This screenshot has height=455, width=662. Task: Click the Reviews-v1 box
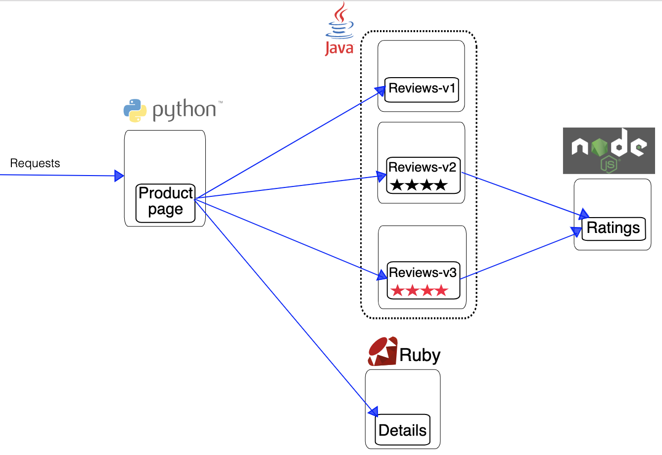tap(422, 90)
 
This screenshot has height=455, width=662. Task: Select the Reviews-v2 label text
tap(422, 167)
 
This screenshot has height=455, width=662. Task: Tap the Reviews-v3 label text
tap(423, 273)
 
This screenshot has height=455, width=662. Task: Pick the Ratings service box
tap(614, 228)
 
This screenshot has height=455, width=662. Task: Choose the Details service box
tap(402, 430)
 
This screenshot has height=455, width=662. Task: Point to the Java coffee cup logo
tap(339, 22)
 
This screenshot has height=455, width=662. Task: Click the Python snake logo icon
tap(135, 110)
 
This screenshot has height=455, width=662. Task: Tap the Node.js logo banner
tap(609, 150)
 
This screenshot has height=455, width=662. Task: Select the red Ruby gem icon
tap(382, 352)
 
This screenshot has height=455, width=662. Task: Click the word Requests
tap(35, 163)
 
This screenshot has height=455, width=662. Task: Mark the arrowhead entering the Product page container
tap(119, 176)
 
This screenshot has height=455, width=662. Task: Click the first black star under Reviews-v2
tap(397, 185)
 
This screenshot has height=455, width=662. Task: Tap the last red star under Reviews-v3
tap(441, 290)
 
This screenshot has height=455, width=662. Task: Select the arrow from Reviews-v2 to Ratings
tap(520, 193)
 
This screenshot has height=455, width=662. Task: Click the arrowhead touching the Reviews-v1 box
tap(380, 91)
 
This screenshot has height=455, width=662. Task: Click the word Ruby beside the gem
tap(420, 355)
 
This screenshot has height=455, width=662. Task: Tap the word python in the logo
tap(184, 110)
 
